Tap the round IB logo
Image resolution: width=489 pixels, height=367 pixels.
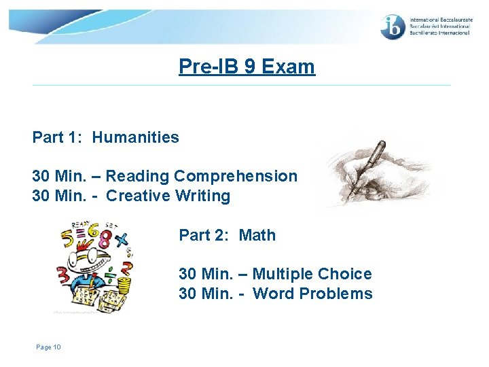[x=393, y=27]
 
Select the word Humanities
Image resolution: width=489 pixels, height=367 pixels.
[x=136, y=137]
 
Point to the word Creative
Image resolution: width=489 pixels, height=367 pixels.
[x=135, y=196]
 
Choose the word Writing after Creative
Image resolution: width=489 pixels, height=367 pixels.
[x=202, y=196]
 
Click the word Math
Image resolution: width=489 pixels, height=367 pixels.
[x=257, y=235]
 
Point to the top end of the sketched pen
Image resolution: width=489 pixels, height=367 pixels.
[x=382, y=143]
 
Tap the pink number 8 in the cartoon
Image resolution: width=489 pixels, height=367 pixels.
[x=105, y=238]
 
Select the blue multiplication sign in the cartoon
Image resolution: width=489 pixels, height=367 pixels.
[x=122, y=239]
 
